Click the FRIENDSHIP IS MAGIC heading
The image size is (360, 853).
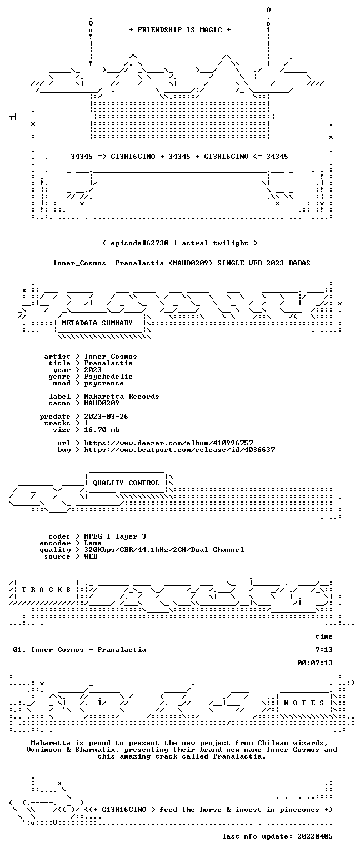click(180, 29)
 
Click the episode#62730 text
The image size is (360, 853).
click(139, 243)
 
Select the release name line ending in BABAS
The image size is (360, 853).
click(182, 263)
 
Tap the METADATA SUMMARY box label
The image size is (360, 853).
click(97, 323)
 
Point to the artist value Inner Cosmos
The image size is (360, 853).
click(111, 357)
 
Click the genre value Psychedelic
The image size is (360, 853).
click(108, 377)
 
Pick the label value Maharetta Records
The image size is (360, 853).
click(122, 397)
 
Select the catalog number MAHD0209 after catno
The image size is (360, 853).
click(101, 403)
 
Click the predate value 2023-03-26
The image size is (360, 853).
click(106, 416)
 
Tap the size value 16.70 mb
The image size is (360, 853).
click(102, 429)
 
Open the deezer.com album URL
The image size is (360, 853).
click(168, 443)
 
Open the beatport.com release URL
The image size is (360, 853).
click(179, 450)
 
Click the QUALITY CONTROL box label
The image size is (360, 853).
click(126, 483)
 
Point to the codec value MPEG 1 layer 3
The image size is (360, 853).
click(115, 536)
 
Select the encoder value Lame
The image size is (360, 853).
click(93, 543)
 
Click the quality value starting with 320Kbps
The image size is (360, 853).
click(164, 549)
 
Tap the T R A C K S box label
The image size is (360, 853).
click(47, 589)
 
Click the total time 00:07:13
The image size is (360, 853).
click(315, 663)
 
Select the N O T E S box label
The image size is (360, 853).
click(304, 703)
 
